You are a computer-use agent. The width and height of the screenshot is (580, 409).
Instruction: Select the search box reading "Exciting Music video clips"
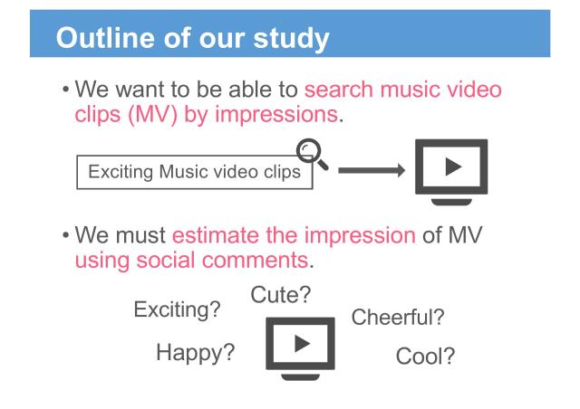194,172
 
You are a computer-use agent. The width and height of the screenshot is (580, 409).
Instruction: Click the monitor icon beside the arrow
451,167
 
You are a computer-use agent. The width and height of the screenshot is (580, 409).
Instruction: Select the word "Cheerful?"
397,318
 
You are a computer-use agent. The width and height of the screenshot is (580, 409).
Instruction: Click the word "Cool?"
425,357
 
